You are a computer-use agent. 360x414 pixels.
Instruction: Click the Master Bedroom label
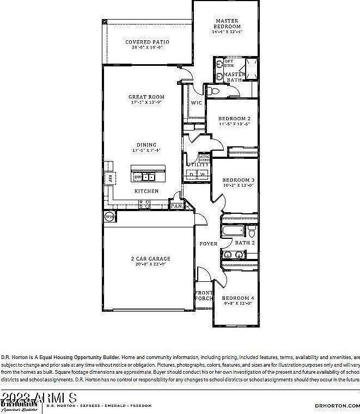[227, 23]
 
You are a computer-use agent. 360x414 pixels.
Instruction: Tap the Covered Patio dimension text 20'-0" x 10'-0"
[147, 48]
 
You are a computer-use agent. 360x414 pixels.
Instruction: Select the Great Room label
[147, 96]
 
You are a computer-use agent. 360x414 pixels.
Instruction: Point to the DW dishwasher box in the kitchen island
[138, 177]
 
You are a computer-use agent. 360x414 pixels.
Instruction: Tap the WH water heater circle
[109, 217]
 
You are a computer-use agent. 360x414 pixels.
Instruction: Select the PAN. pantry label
[176, 206]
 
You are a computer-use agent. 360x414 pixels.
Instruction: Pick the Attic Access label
[204, 158]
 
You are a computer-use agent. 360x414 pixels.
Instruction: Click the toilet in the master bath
[213, 91]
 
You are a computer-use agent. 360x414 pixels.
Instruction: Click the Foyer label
[208, 244]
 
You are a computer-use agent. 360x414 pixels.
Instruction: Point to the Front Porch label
[204, 295]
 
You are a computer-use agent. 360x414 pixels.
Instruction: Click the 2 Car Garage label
[150, 258]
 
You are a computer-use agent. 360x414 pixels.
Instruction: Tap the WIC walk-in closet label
[196, 102]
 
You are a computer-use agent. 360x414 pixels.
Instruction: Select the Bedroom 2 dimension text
[234, 124]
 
